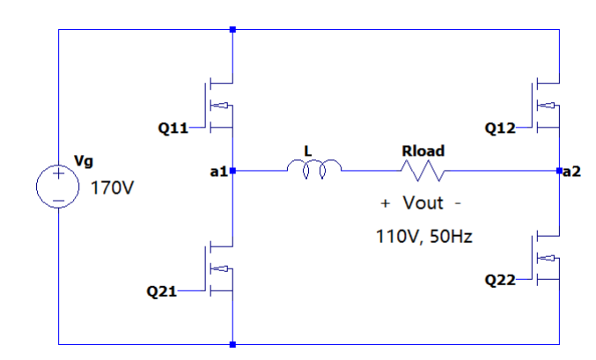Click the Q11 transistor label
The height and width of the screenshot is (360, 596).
(173, 128)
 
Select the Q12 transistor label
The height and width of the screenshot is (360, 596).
(499, 128)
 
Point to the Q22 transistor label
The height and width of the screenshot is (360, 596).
(499, 280)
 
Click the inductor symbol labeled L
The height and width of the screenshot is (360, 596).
(307, 168)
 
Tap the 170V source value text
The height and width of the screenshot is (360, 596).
(112, 188)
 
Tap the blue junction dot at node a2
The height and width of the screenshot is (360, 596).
(560, 170)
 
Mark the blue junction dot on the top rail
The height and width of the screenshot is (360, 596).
(232, 29)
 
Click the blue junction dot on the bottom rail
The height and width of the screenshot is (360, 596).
(232, 343)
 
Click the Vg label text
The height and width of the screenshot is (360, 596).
(84, 160)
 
